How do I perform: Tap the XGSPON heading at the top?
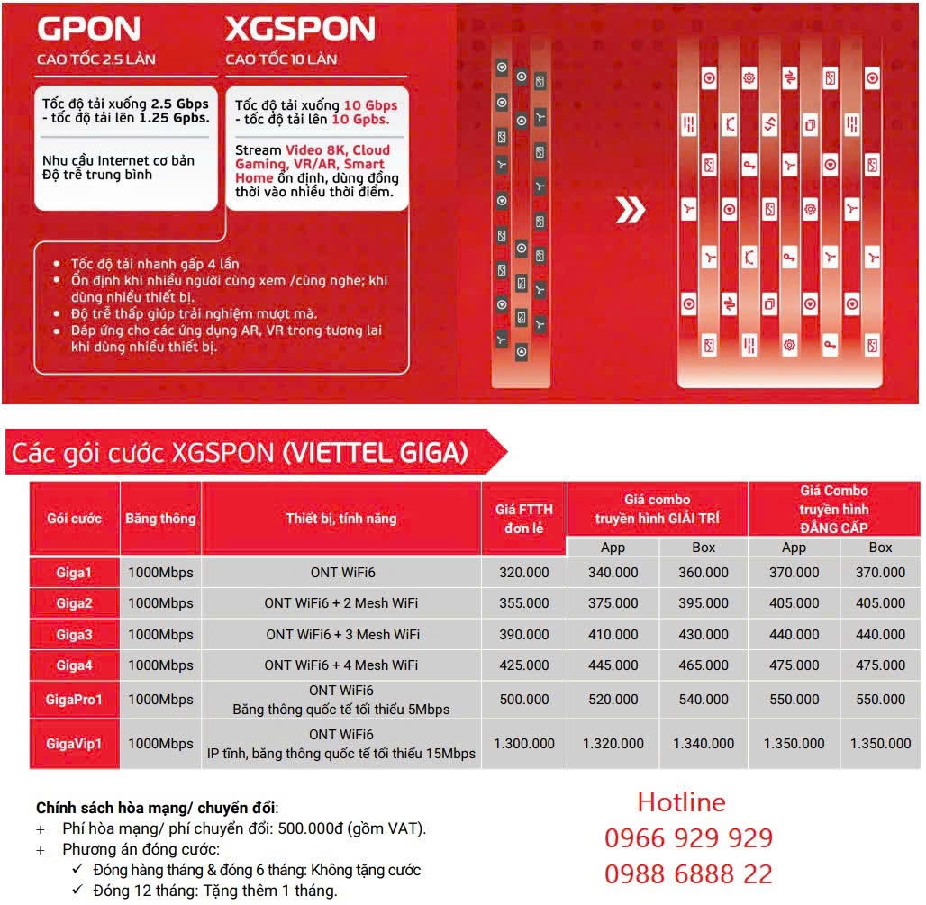[x=300, y=30]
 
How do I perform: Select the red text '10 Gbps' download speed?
[x=370, y=105]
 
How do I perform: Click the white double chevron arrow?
[x=631, y=211]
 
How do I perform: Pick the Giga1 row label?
[x=75, y=573]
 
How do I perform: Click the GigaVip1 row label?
[x=75, y=744]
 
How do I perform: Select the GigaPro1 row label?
[x=75, y=700]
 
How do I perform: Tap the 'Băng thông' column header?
[x=160, y=519]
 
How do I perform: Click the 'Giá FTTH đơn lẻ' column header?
[x=523, y=519]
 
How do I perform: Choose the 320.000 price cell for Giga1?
[x=523, y=573]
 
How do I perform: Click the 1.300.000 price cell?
[x=523, y=744]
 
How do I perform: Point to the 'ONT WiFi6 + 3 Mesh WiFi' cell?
[x=341, y=635]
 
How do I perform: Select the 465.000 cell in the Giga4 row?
[x=704, y=665]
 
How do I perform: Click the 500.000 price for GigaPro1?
[x=523, y=700]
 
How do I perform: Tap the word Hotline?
[x=681, y=802]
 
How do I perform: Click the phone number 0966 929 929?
[x=688, y=838]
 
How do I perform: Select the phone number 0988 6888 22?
[x=688, y=873]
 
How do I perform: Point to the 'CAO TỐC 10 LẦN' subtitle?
[x=281, y=59]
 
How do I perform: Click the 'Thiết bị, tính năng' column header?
[x=341, y=519]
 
